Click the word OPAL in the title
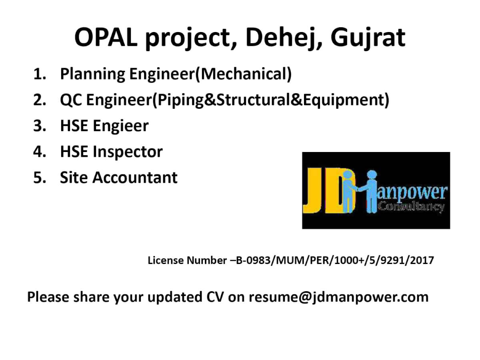coord(106,37)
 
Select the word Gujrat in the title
coord(368,38)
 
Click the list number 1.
coord(39,74)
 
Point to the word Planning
coord(92,74)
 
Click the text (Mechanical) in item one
coord(243,74)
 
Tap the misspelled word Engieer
coord(121,126)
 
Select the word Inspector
coord(128,152)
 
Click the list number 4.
coord(40,151)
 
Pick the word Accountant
coord(135,177)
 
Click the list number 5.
coord(40,177)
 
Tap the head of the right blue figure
coord(372,175)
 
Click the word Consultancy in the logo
coord(411,206)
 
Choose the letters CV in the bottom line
coord(215,297)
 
